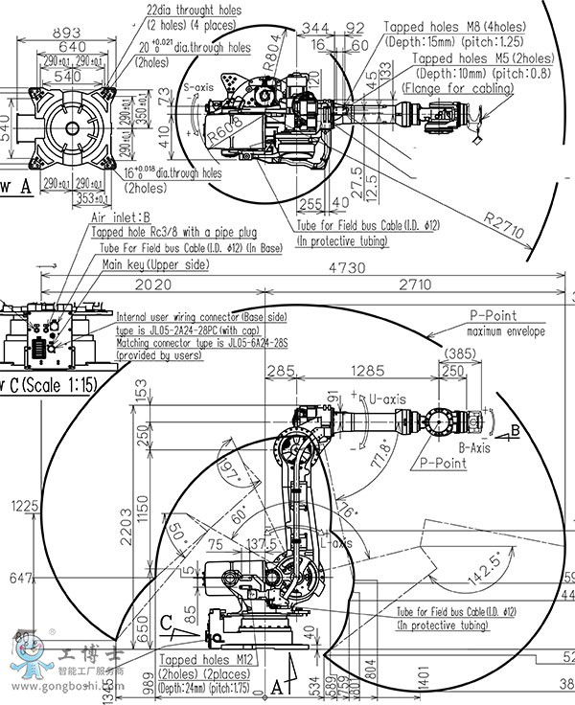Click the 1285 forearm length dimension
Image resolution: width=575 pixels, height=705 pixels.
[x=368, y=371]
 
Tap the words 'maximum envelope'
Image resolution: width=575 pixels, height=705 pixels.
[x=505, y=331]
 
